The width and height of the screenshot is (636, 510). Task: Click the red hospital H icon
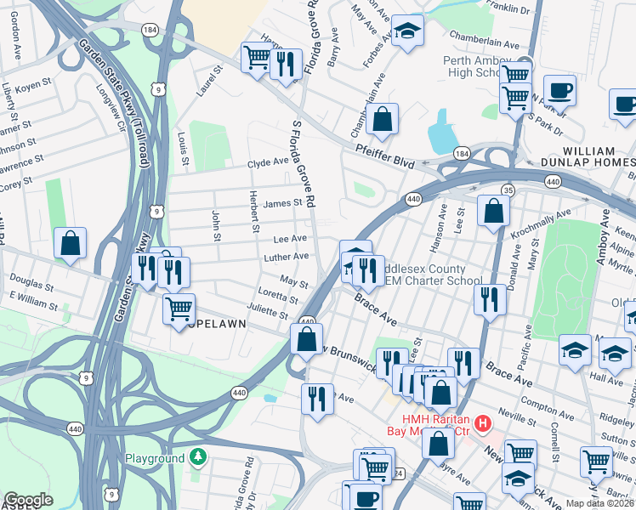tap(483, 422)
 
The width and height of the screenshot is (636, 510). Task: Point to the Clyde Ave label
tap(268, 161)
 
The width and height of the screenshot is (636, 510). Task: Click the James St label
tap(283, 203)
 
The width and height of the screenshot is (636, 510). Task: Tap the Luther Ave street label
tap(288, 256)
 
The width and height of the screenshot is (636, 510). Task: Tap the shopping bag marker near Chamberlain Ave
tap(383, 120)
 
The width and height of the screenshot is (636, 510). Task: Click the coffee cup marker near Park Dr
tap(560, 89)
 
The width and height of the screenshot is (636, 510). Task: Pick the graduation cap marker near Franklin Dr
tap(408, 32)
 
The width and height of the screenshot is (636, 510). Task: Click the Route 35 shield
tap(508, 189)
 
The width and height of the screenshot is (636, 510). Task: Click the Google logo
tap(28, 500)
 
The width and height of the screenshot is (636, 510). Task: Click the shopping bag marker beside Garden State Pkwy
tap(70, 243)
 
